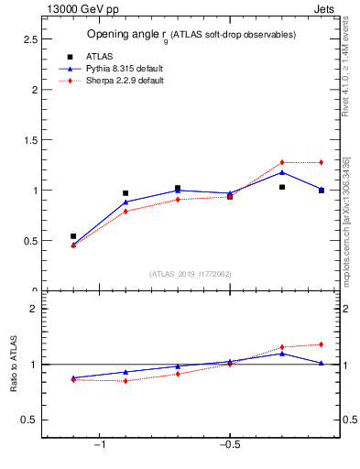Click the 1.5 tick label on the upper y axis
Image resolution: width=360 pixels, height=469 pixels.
(27, 140)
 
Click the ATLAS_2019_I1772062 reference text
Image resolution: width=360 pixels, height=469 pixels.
(191, 273)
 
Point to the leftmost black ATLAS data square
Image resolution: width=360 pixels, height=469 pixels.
(73, 236)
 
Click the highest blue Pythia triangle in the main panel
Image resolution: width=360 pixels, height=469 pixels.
(282, 172)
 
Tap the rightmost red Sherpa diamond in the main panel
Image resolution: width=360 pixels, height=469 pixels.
(321, 162)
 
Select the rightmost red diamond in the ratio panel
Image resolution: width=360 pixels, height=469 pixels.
(321, 344)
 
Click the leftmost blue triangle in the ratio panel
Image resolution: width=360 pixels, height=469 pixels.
(73, 377)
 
